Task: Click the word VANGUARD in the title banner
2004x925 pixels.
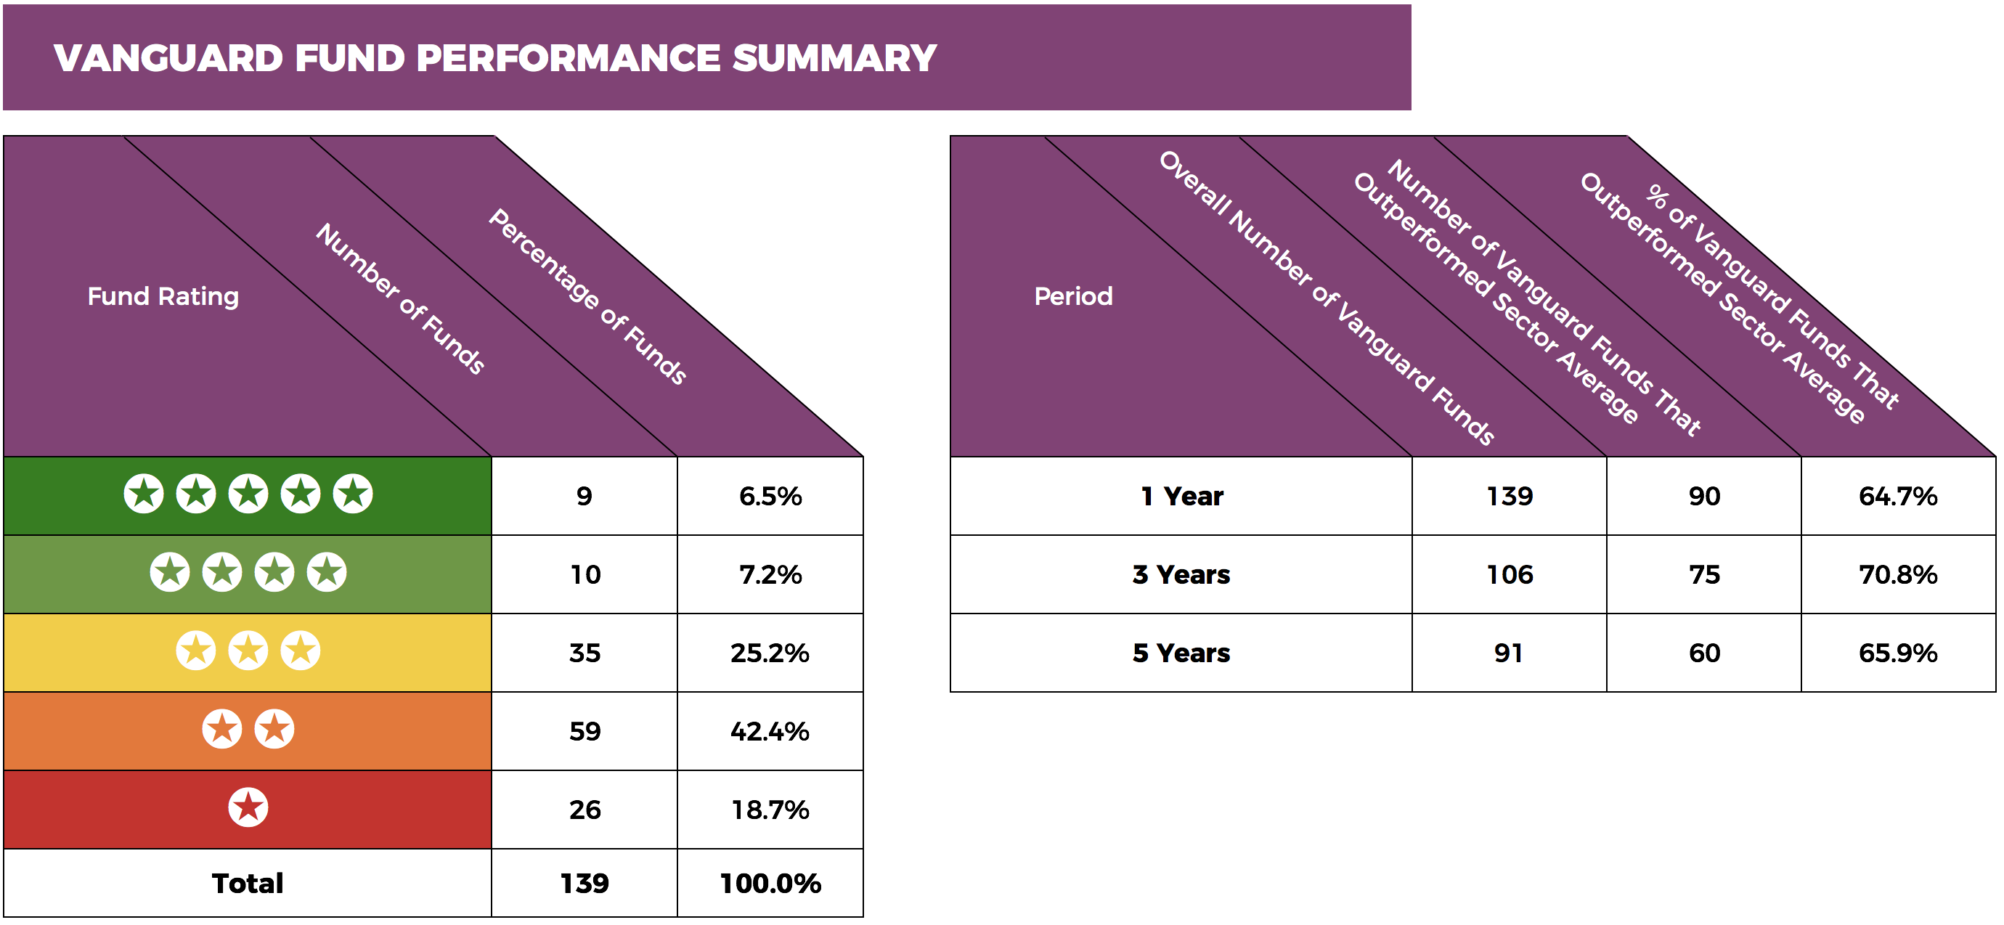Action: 168,58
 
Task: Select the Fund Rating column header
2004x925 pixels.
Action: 163,296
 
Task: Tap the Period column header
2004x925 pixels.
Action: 1073,296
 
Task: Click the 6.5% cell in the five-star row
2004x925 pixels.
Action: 770,497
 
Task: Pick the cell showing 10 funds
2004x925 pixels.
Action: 584,575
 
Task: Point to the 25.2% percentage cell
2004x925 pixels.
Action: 770,653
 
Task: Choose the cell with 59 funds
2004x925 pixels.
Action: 584,731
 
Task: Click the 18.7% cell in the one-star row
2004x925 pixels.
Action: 770,810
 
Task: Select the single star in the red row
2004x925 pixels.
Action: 248,807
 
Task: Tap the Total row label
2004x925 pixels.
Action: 248,884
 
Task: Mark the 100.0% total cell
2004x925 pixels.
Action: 770,884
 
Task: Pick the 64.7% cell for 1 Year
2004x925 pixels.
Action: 1897,497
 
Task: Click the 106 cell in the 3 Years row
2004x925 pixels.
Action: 1510,575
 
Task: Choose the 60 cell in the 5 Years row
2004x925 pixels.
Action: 1703,653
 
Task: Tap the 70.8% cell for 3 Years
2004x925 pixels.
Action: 1897,575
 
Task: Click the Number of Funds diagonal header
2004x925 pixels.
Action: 401,298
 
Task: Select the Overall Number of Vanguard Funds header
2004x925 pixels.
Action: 1327,298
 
